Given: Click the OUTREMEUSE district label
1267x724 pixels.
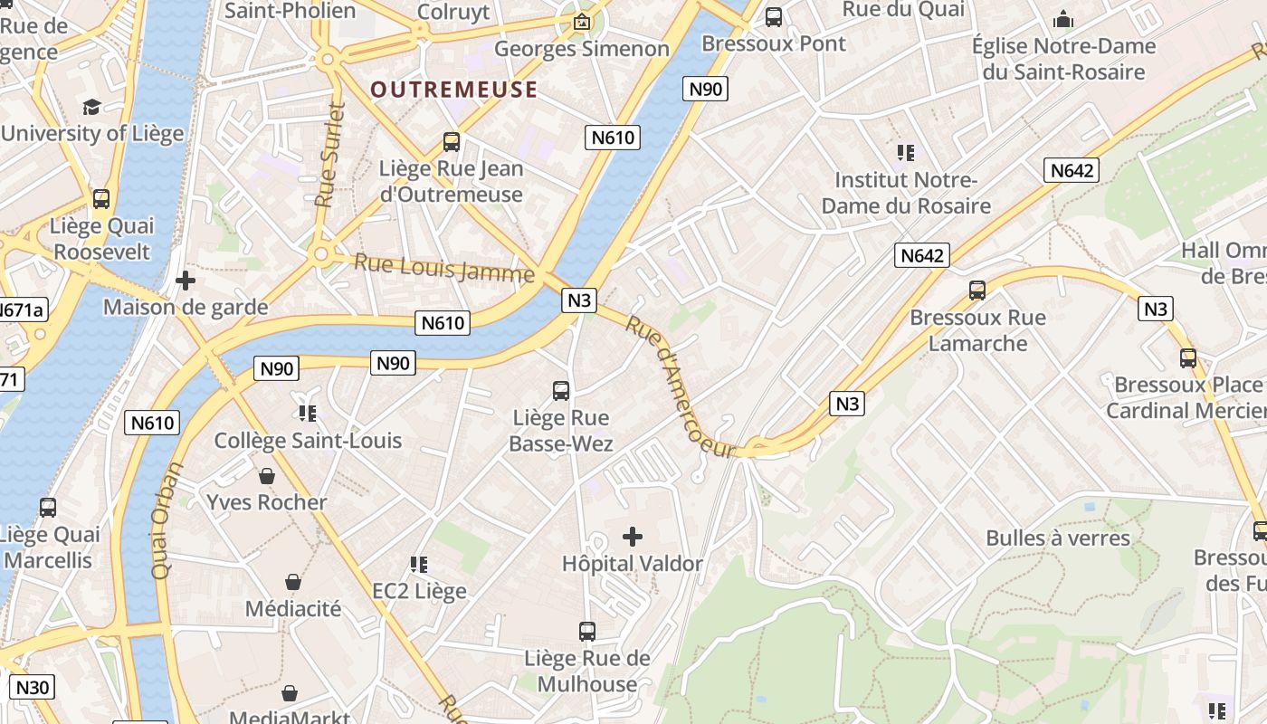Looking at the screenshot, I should [x=454, y=90].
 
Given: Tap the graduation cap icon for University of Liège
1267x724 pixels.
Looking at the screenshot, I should [x=91, y=108].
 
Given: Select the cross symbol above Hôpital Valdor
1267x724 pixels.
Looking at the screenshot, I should [x=633, y=537].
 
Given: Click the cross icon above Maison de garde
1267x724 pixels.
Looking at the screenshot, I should [x=186, y=281].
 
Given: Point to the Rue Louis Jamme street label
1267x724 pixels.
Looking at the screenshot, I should [x=443, y=268].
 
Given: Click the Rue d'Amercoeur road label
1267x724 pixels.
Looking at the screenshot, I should [x=678, y=386].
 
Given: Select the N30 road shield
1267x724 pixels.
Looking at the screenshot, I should [x=33, y=687].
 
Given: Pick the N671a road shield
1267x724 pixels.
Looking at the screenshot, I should [x=20, y=310].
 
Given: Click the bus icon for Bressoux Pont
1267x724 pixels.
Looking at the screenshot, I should [x=774, y=16].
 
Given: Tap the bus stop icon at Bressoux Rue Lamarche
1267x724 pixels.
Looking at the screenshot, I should [x=977, y=291].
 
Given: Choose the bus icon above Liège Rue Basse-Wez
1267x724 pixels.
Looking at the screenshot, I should [x=561, y=391].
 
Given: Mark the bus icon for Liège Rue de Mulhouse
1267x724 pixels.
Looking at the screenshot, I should [x=587, y=632].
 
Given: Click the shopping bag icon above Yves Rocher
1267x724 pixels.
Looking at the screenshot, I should [x=267, y=476].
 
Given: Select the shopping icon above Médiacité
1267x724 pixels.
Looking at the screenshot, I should [x=293, y=582].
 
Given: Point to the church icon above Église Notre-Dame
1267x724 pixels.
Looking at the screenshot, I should [x=1063, y=19].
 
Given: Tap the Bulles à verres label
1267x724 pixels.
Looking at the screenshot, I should [x=1058, y=538].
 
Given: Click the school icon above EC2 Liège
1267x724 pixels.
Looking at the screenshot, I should [x=419, y=565].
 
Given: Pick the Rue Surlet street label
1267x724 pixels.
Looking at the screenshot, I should [x=332, y=155].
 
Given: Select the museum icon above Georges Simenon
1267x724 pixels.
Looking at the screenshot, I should [x=582, y=22].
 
